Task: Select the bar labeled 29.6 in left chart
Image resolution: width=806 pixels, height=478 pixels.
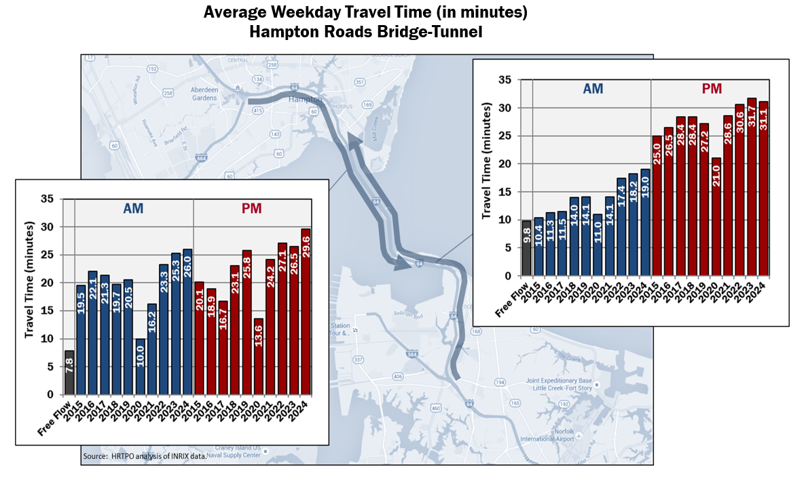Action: (x=305, y=312)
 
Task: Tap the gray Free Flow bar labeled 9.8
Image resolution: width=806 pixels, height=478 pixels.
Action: (x=526, y=248)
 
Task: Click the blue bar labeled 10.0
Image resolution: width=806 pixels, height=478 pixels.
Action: (x=140, y=367)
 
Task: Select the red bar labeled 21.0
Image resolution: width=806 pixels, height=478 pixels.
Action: (x=716, y=217)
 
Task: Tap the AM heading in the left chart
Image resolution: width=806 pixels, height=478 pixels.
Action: (x=133, y=208)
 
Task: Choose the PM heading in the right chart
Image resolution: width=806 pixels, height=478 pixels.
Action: (x=711, y=89)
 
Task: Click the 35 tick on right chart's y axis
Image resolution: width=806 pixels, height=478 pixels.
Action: (x=504, y=80)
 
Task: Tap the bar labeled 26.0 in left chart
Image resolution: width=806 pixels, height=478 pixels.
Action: (x=187, y=322)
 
